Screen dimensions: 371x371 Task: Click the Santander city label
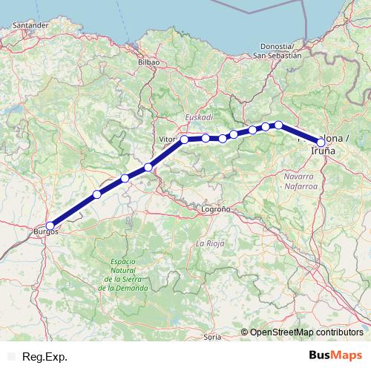[27, 24]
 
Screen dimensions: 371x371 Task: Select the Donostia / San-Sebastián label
[277, 50]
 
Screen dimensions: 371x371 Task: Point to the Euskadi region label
[199, 117]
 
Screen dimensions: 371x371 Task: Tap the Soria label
[212, 338]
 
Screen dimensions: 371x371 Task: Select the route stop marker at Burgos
[50, 226]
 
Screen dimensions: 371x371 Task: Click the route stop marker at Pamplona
[321, 142]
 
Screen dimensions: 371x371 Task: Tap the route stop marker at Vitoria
[185, 139]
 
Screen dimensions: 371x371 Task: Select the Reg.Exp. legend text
[45, 357]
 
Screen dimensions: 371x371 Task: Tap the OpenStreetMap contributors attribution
[306, 332]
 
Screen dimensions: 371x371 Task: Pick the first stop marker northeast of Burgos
[97, 194]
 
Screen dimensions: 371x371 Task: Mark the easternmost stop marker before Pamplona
[279, 125]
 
